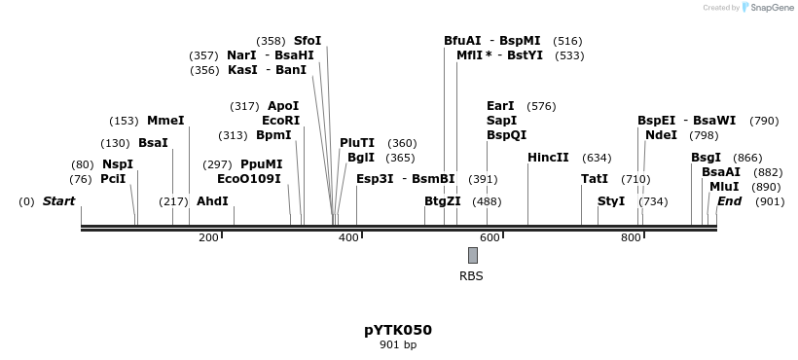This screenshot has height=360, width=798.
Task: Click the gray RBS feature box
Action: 473,255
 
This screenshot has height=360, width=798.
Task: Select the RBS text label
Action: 471,276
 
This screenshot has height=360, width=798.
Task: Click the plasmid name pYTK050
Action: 398,330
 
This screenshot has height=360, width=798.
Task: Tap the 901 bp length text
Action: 398,344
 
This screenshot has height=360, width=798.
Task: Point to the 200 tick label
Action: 208,237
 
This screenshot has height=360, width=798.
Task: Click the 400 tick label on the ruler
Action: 348,237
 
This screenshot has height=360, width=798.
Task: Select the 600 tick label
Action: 490,237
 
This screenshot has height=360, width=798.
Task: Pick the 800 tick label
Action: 631,237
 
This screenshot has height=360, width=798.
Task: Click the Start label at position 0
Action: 58,201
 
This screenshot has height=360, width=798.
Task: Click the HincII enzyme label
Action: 548,158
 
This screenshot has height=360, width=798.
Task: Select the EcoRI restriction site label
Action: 280,121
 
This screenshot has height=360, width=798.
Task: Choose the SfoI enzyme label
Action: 308,41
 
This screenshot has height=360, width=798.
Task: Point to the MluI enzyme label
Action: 724,187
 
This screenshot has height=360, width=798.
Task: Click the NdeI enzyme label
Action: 661,135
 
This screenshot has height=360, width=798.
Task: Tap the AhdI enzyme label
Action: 212,201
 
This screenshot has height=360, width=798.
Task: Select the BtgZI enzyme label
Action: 443,201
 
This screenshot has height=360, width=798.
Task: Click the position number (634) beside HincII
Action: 597,158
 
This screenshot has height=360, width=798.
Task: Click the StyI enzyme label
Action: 611,201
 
